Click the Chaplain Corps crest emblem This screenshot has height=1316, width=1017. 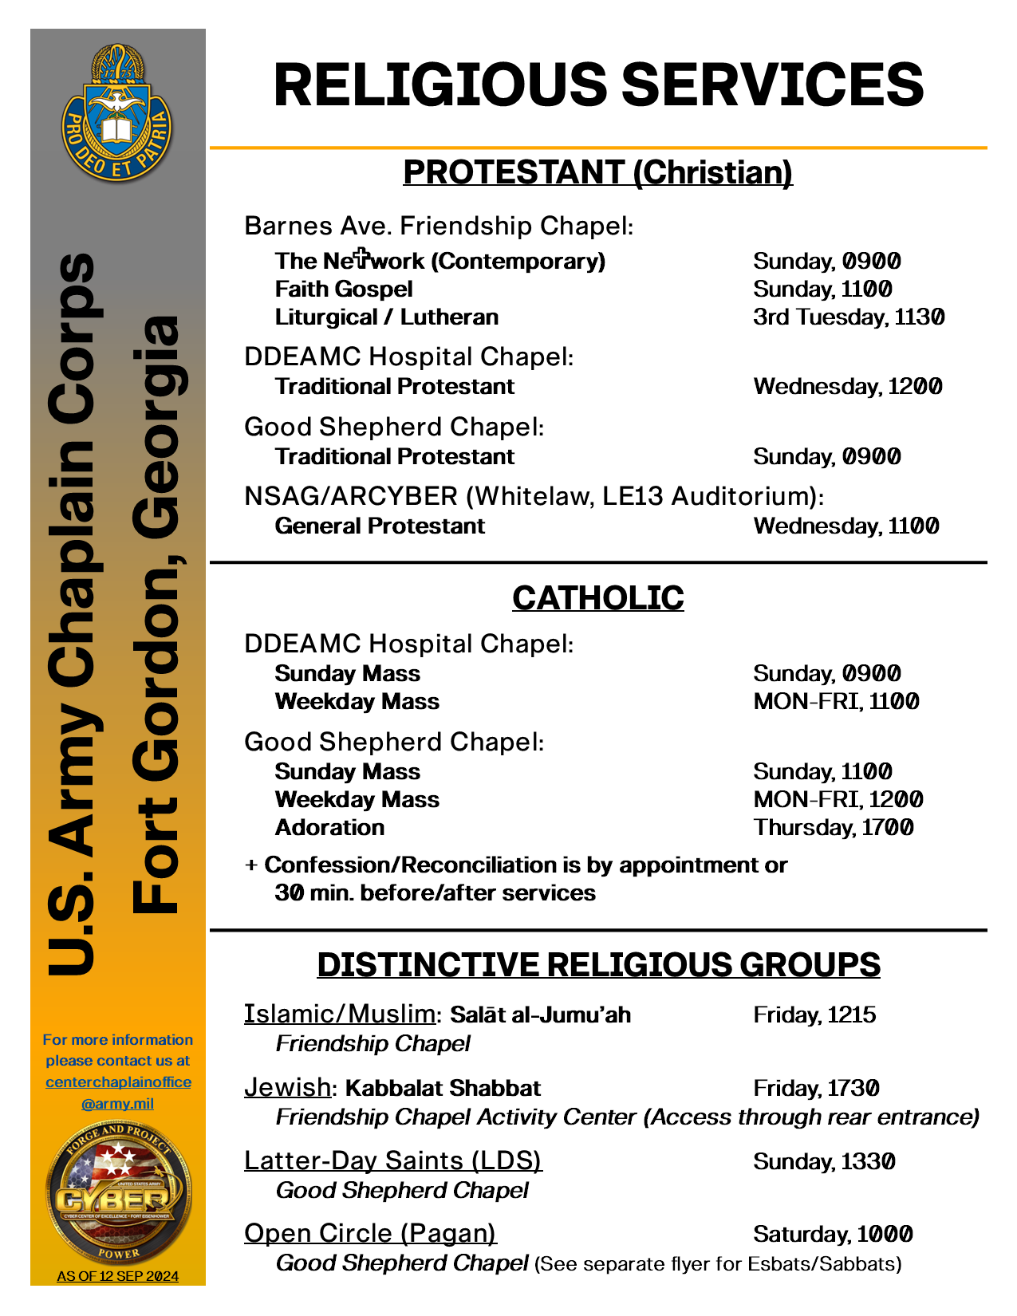(x=117, y=114)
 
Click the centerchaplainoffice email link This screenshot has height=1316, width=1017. (x=118, y=1092)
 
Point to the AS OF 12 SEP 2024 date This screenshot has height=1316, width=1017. (x=118, y=1276)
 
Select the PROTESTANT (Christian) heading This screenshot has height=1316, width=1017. (x=597, y=172)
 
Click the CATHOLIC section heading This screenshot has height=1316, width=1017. (x=597, y=598)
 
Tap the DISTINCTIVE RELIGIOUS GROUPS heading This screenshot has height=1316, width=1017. (x=598, y=964)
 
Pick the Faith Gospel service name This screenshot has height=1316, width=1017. (x=344, y=289)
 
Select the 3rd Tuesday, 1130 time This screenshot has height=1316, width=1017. (x=849, y=317)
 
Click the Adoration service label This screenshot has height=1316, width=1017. (x=329, y=827)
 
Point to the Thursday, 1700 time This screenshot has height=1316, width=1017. (x=834, y=827)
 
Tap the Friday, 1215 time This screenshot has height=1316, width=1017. (x=814, y=1015)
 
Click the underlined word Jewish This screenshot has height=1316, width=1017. (x=287, y=1086)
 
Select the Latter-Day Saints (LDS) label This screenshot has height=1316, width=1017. (x=393, y=1160)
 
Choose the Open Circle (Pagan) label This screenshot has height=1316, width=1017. (x=370, y=1233)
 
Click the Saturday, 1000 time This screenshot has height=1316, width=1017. (x=833, y=1234)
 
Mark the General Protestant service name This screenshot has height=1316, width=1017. (x=380, y=526)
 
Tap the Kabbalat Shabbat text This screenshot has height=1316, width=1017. (x=443, y=1088)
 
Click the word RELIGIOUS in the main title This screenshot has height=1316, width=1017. (x=440, y=85)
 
